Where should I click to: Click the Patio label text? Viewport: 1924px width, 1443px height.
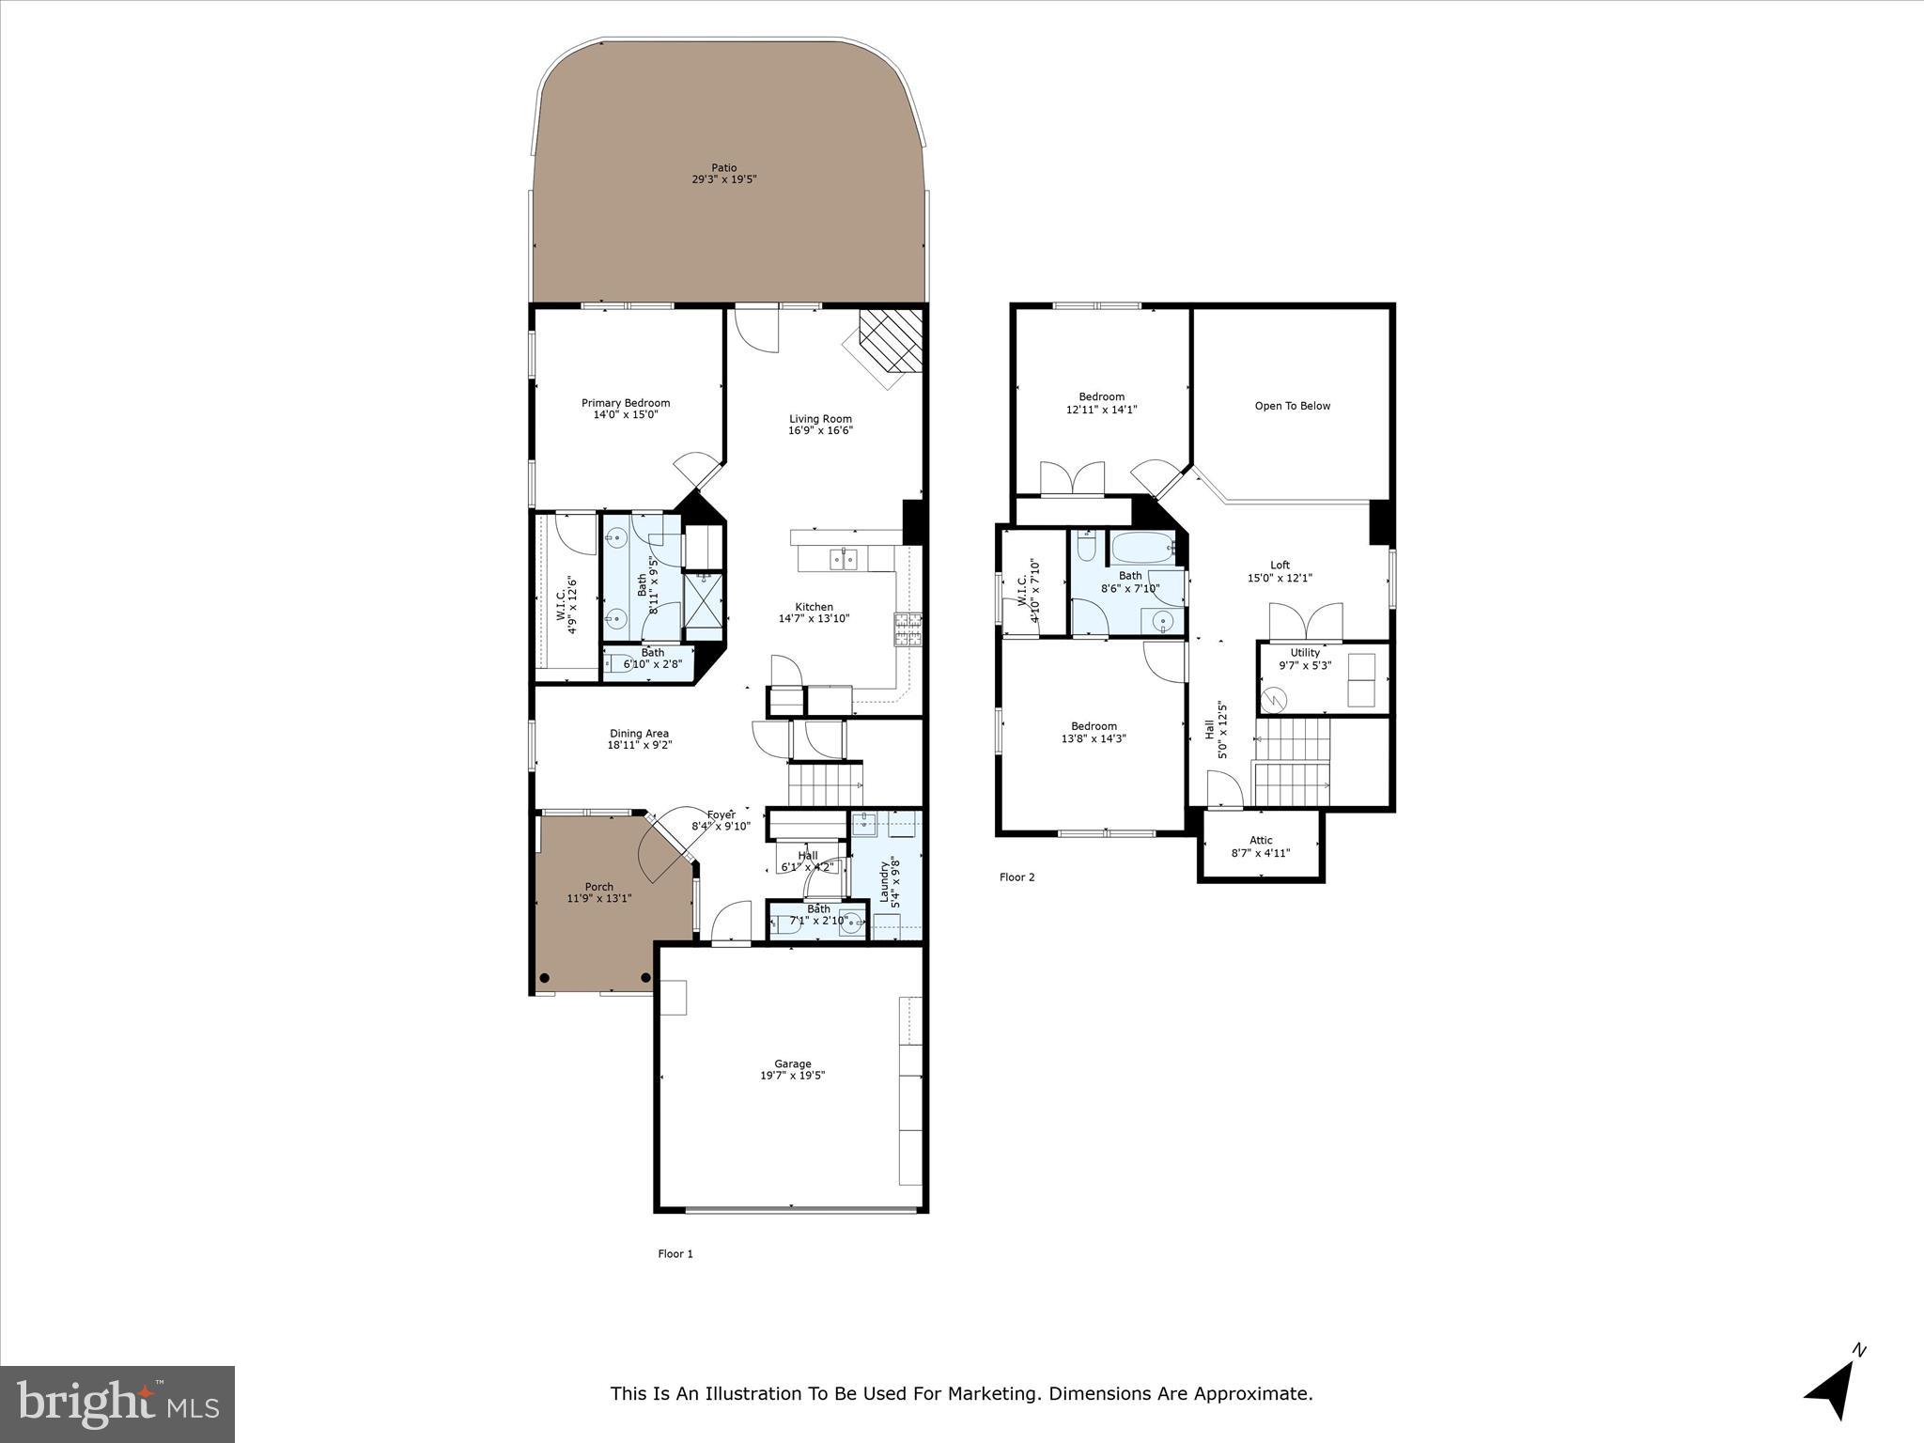pyautogui.click(x=723, y=168)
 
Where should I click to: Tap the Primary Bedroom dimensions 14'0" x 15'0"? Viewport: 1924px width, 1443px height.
pyautogui.click(x=625, y=414)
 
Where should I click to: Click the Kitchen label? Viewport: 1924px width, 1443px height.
pyautogui.click(x=814, y=607)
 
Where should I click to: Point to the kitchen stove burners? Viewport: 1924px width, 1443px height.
pyautogui.click(x=907, y=629)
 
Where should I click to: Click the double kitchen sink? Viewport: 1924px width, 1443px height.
pyautogui.click(x=845, y=560)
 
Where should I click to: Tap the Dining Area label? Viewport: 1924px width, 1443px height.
pyautogui.click(x=639, y=734)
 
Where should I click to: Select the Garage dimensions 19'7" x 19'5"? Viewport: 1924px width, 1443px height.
pyautogui.click(x=792, y=1076)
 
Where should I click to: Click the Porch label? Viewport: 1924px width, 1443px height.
pyautogui.click(x=598, y=887)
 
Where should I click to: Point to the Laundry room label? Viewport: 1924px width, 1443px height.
pyautogui.click(x=884, y=880)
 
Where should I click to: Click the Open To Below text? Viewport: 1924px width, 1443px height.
pyautogui.click(x=1292, y=406)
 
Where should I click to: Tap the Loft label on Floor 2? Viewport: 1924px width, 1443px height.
pyautogui.click(x=1280, y=566)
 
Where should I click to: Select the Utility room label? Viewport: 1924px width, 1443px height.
pyautogui.click(x=1305, y=653)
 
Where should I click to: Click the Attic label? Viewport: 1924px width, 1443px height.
pyautogui.click(x=1261, y=841)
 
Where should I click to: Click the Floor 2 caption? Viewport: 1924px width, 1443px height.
pyautogui.click(x=1016, y=877)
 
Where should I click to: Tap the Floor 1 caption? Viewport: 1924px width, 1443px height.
pyautogui.click(x=675, y=1254)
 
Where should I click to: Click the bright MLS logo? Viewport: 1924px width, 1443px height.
pyautogui.click(x=117, y=1404)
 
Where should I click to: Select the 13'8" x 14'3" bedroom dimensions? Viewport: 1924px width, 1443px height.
pyautogui.click(x=1094, y=738)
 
